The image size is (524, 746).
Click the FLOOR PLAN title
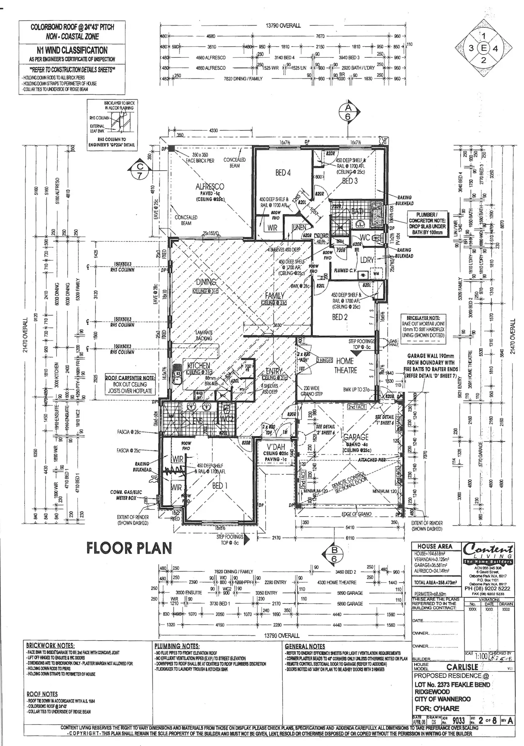[129, 548]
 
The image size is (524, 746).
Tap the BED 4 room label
[283, 173]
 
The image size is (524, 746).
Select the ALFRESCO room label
[210, 186]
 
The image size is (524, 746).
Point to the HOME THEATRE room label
[345, 366]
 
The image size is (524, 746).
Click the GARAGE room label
[356, 437]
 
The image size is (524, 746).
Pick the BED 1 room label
[218, 486]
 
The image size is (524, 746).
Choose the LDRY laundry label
[367, 260]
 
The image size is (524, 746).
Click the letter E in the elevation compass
[483, 48]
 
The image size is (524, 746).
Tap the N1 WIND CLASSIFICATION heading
[72, 51]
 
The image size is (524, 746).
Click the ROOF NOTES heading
[42, 694]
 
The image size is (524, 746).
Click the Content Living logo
[488, 554]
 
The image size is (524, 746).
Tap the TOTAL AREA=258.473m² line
[436, 582]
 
